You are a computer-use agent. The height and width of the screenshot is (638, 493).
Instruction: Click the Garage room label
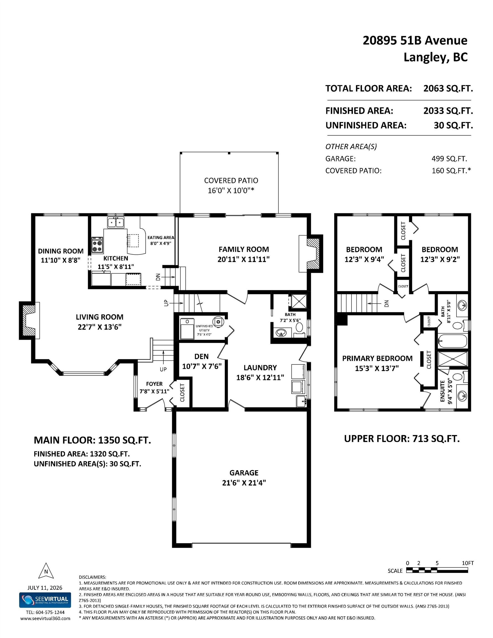tap(244, 473)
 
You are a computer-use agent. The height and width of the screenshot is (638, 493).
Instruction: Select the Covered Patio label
tap(231, 181)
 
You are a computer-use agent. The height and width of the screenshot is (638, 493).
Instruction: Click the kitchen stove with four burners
tap(97, 245)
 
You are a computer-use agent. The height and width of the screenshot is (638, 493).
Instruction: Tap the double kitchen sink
tap(116, 222)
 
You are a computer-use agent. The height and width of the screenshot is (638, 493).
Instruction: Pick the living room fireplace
tap(30, 320)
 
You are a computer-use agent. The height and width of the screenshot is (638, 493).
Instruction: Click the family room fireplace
tap(311, 253)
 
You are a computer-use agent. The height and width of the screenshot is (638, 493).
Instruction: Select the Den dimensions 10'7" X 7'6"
tap(202, 366)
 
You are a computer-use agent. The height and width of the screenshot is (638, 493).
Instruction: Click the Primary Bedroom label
tap(377, 358)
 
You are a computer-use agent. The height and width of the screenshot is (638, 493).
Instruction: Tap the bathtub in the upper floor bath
tap(452, 341)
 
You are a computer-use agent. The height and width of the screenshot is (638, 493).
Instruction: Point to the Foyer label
tap(154, 384)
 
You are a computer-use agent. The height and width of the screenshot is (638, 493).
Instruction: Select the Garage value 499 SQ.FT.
tap(449, 159)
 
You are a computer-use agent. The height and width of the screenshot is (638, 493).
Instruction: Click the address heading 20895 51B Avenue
tap(415, 40)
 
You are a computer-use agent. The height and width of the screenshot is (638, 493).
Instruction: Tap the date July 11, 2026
tap(45, 587)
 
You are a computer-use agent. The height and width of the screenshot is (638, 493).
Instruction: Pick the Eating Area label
tap(161, 238)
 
